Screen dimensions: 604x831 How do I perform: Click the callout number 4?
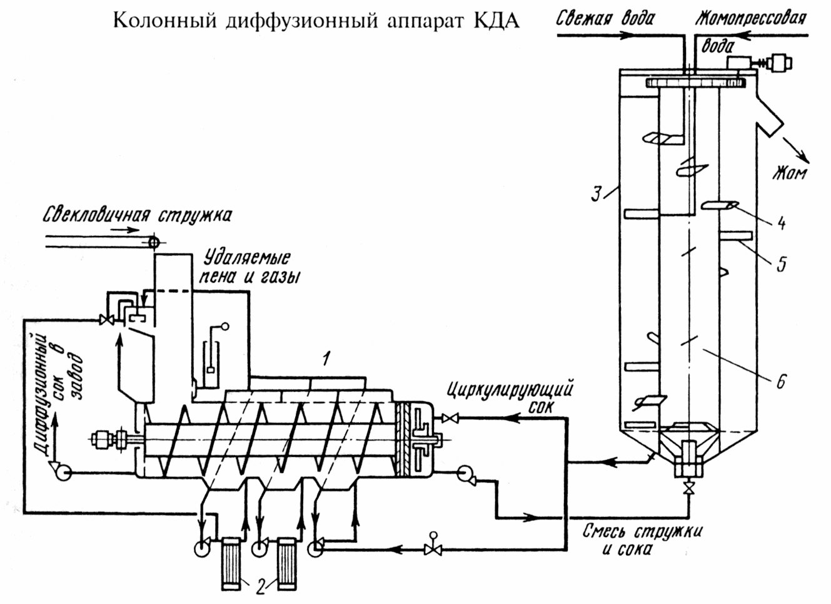point(781,223)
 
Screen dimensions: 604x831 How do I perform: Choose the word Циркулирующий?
point(510,392)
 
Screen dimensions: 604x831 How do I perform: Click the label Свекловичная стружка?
point(138,215)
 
